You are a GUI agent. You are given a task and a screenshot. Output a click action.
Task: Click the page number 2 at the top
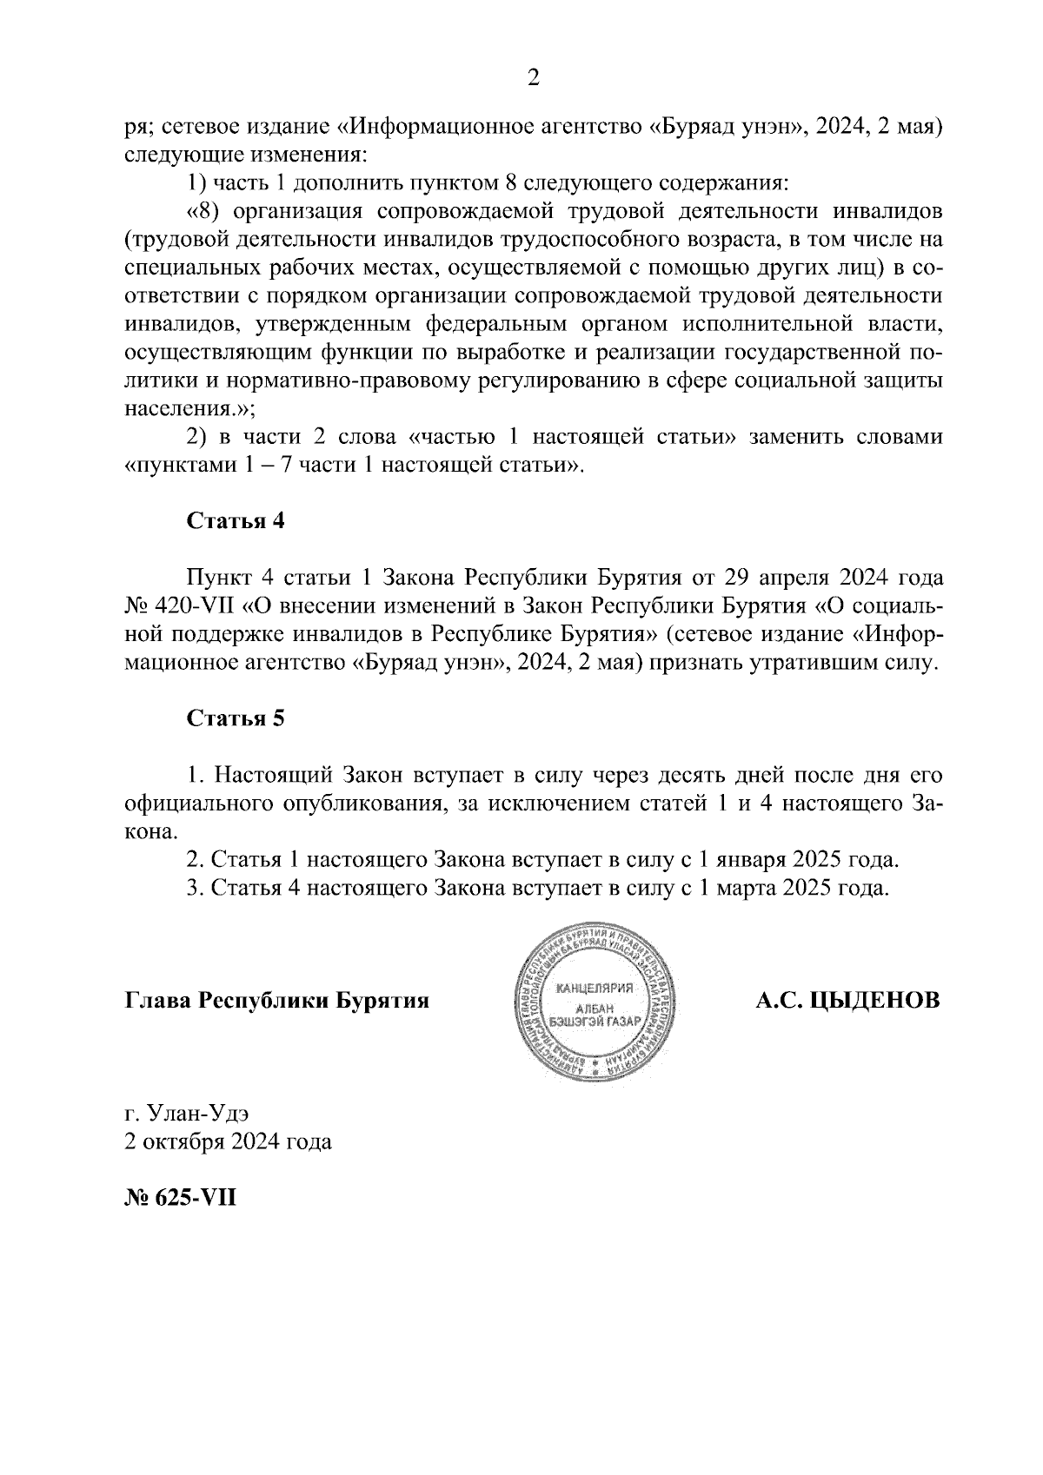pyautogui.click(x=534, y=79)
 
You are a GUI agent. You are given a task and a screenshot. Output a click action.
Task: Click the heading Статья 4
pyautogui.click(x=236, y=521)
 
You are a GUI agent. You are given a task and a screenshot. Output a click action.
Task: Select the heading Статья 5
pyautogui.click(x=236, y=718)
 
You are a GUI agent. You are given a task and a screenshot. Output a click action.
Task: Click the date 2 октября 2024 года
pyautogui.click(x=228, y=1141)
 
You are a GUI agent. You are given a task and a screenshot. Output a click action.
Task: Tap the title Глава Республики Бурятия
pyautogui.click(x=277, y=1001)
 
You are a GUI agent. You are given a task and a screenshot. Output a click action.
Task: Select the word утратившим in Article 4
pyautogui.click(x=835, y=663)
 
